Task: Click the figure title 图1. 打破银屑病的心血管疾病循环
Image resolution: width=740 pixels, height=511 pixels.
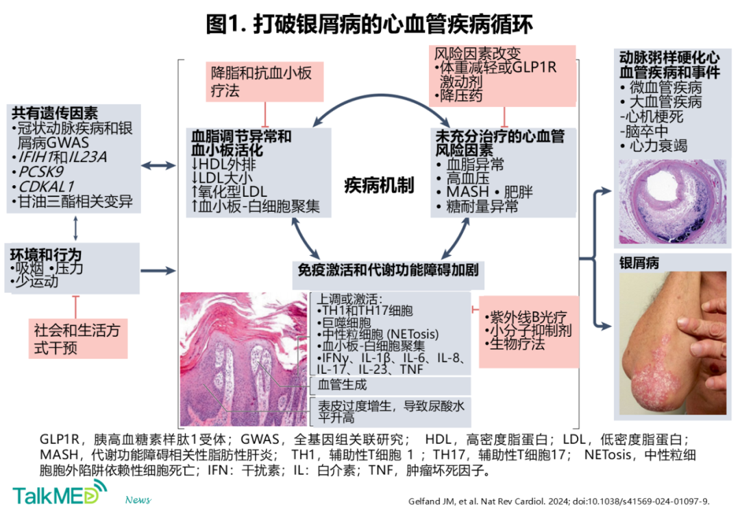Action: pos(369,24)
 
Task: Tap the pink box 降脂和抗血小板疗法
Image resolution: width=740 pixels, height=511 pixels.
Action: pos(264,82)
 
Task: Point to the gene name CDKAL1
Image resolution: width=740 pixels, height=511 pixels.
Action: pos(47,187)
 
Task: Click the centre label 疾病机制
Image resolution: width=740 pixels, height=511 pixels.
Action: pos(380,185)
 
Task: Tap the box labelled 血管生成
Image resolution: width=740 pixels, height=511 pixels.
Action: pos(391,385)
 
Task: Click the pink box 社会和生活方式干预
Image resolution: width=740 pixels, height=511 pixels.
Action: pos(78,339)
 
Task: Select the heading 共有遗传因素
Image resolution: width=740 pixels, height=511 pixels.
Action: pos(55,113)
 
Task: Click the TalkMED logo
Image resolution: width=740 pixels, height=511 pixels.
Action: pos(60,492)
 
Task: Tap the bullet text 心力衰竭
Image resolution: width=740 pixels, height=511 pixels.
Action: pos(658,146)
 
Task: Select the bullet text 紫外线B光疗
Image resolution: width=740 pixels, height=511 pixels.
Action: pos(528,317)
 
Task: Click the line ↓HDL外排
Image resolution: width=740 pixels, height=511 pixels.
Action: pos(223,165)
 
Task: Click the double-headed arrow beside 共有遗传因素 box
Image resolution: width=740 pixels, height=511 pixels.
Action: pos(158,166)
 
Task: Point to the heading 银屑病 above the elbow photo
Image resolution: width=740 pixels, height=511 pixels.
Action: pos(639,263)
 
